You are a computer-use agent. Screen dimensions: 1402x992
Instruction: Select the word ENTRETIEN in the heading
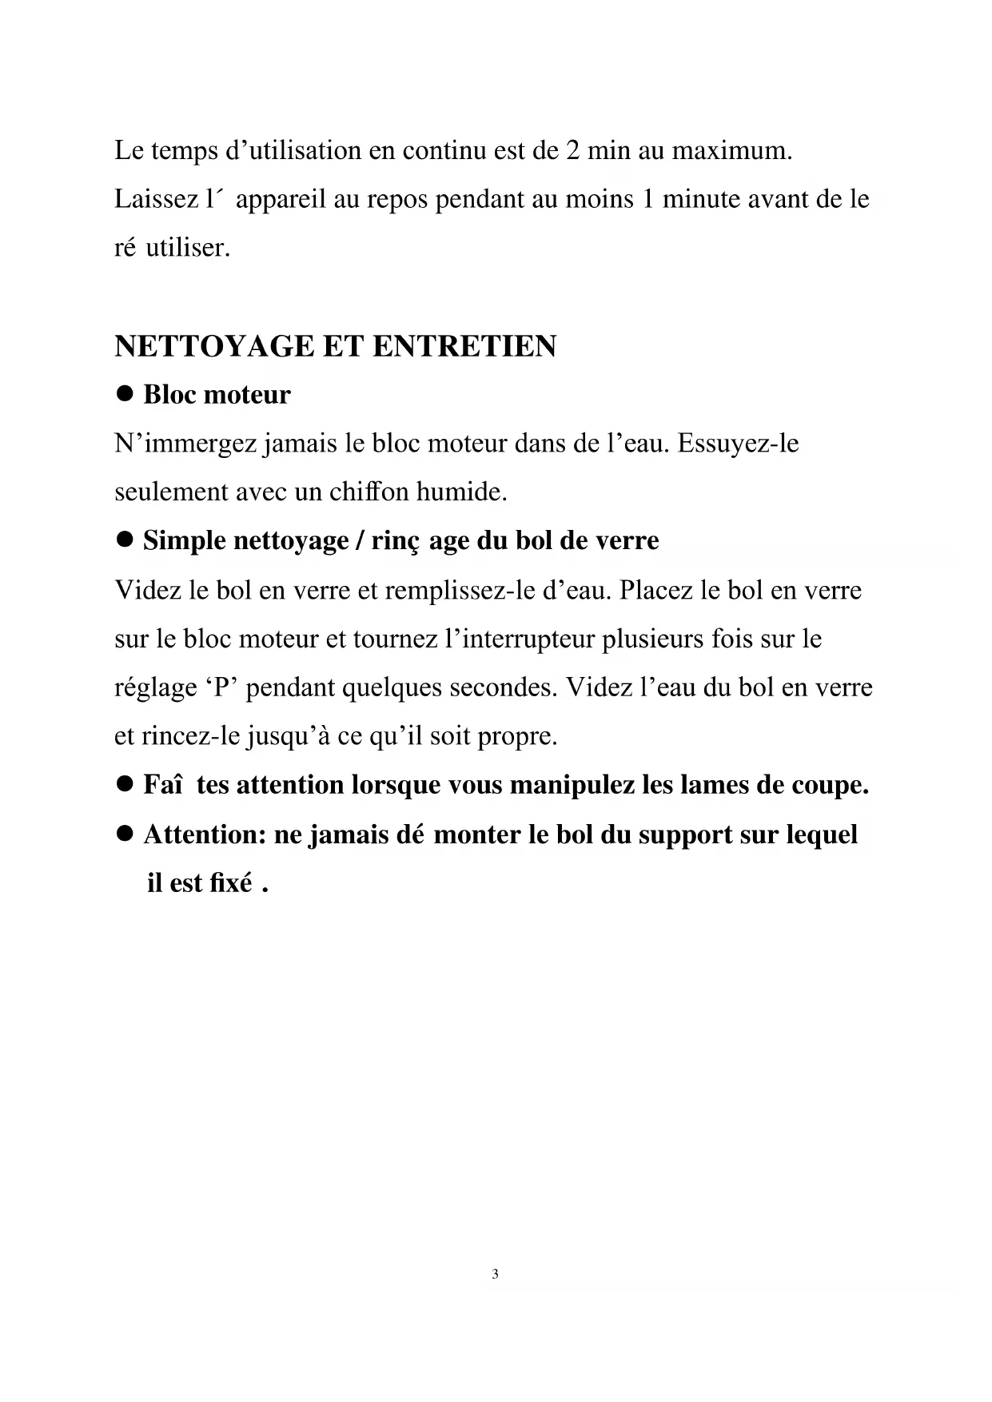(x=464, y=347)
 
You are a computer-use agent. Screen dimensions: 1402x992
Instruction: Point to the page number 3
(x=496, y=1274)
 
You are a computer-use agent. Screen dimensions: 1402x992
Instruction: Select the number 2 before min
(x=572, y=150)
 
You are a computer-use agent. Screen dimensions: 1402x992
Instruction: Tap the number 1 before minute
(x=647, y=199)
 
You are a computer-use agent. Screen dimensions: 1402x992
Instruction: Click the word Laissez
(x=155, y=199)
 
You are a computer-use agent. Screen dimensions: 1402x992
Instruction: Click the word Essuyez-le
(x=738, y=443)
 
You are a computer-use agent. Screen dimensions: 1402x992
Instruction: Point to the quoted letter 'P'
(x=222, y=687)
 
